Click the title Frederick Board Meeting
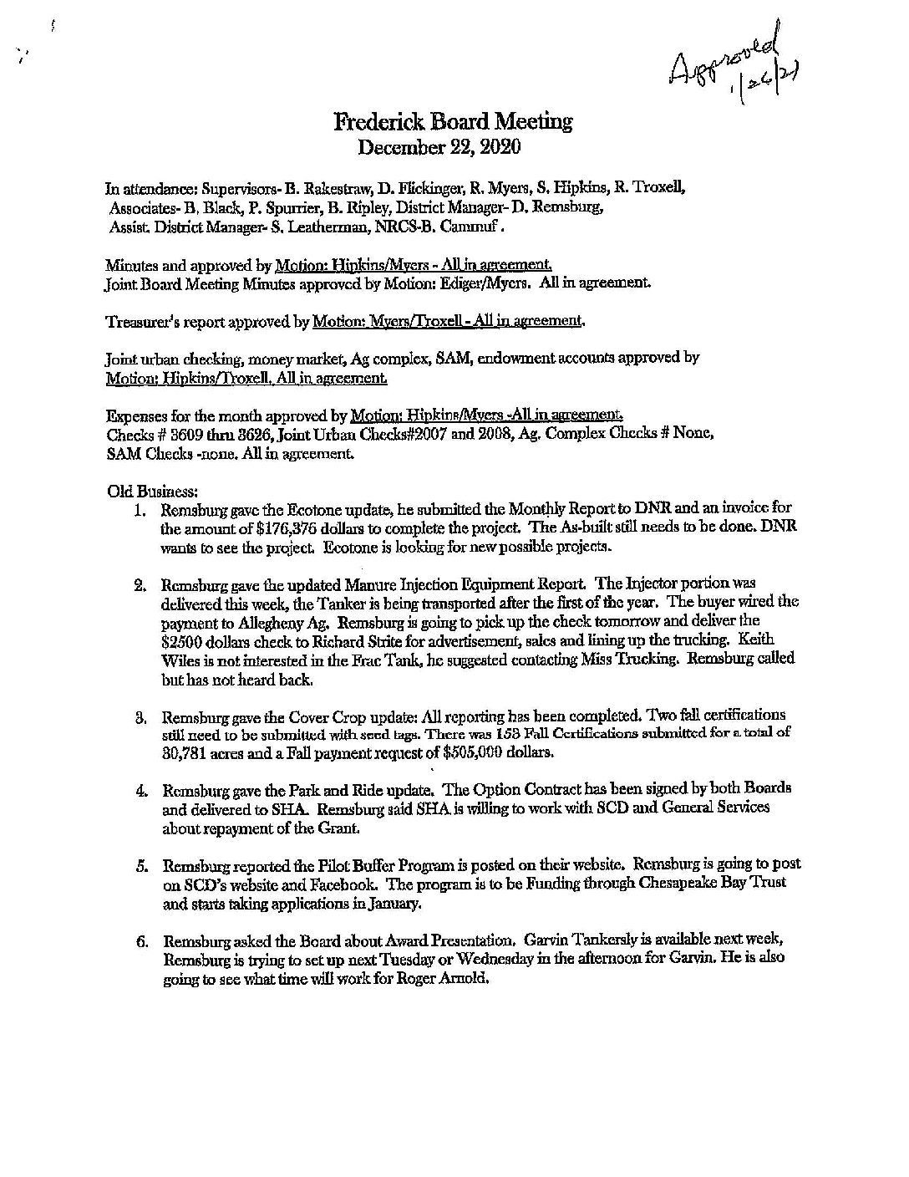(453, 122)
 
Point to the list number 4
(141, 789)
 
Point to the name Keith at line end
(776, 639)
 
